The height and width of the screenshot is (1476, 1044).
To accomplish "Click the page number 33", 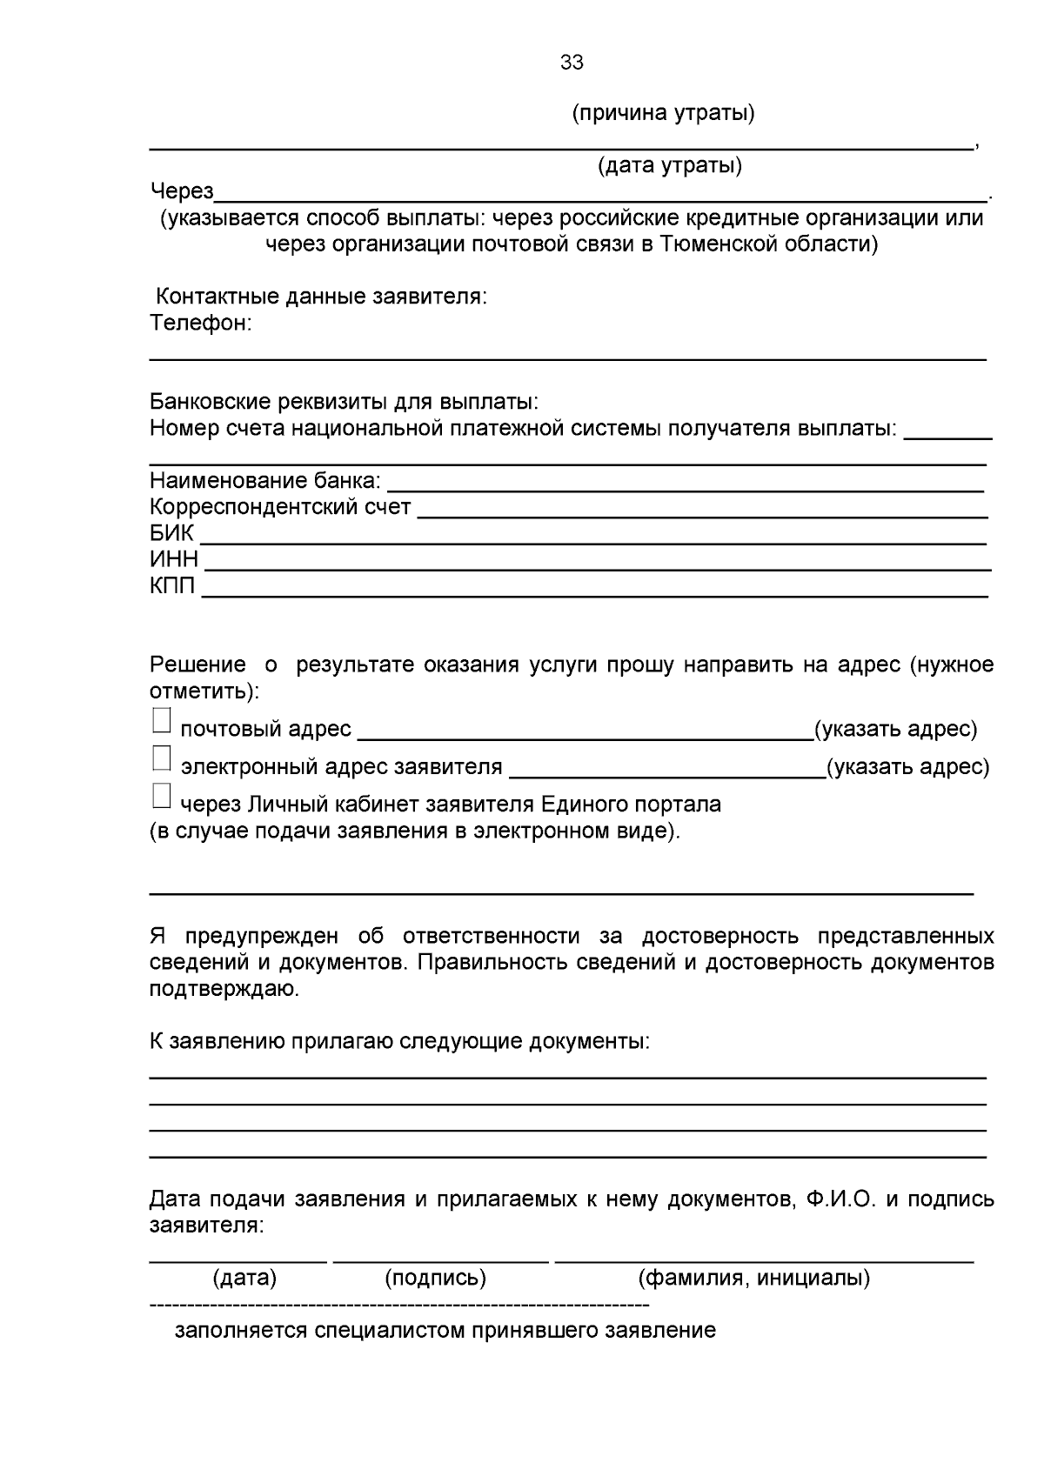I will point(572,63).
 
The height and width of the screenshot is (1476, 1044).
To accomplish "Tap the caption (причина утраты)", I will point(663,113).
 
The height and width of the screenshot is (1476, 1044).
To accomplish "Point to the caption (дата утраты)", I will point(669,165).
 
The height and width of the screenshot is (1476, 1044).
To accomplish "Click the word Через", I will point(182,191).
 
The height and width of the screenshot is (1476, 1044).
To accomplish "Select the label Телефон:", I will point(201,324).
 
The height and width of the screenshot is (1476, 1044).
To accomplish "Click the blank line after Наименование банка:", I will point(686,487).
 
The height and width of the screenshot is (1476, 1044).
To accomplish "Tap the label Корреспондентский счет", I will point(280,507).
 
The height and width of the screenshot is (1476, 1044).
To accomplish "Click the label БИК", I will point(171,533).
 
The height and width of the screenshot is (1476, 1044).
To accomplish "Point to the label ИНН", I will point(174,559).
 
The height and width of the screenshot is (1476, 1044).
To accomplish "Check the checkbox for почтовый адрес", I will point(162,721).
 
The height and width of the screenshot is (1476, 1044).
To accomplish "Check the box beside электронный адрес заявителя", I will point(162,759).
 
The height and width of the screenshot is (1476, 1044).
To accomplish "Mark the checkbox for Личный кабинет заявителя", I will point(162,797).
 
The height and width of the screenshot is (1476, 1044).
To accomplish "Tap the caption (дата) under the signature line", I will point(244,1278).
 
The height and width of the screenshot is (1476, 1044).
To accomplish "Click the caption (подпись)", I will point(435,1278).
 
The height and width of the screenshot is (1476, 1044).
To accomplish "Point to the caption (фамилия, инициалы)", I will point(753,1278).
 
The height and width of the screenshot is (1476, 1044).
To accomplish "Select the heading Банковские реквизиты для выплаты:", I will point(345,402).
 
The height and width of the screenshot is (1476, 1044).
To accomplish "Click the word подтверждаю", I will point(224,989).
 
